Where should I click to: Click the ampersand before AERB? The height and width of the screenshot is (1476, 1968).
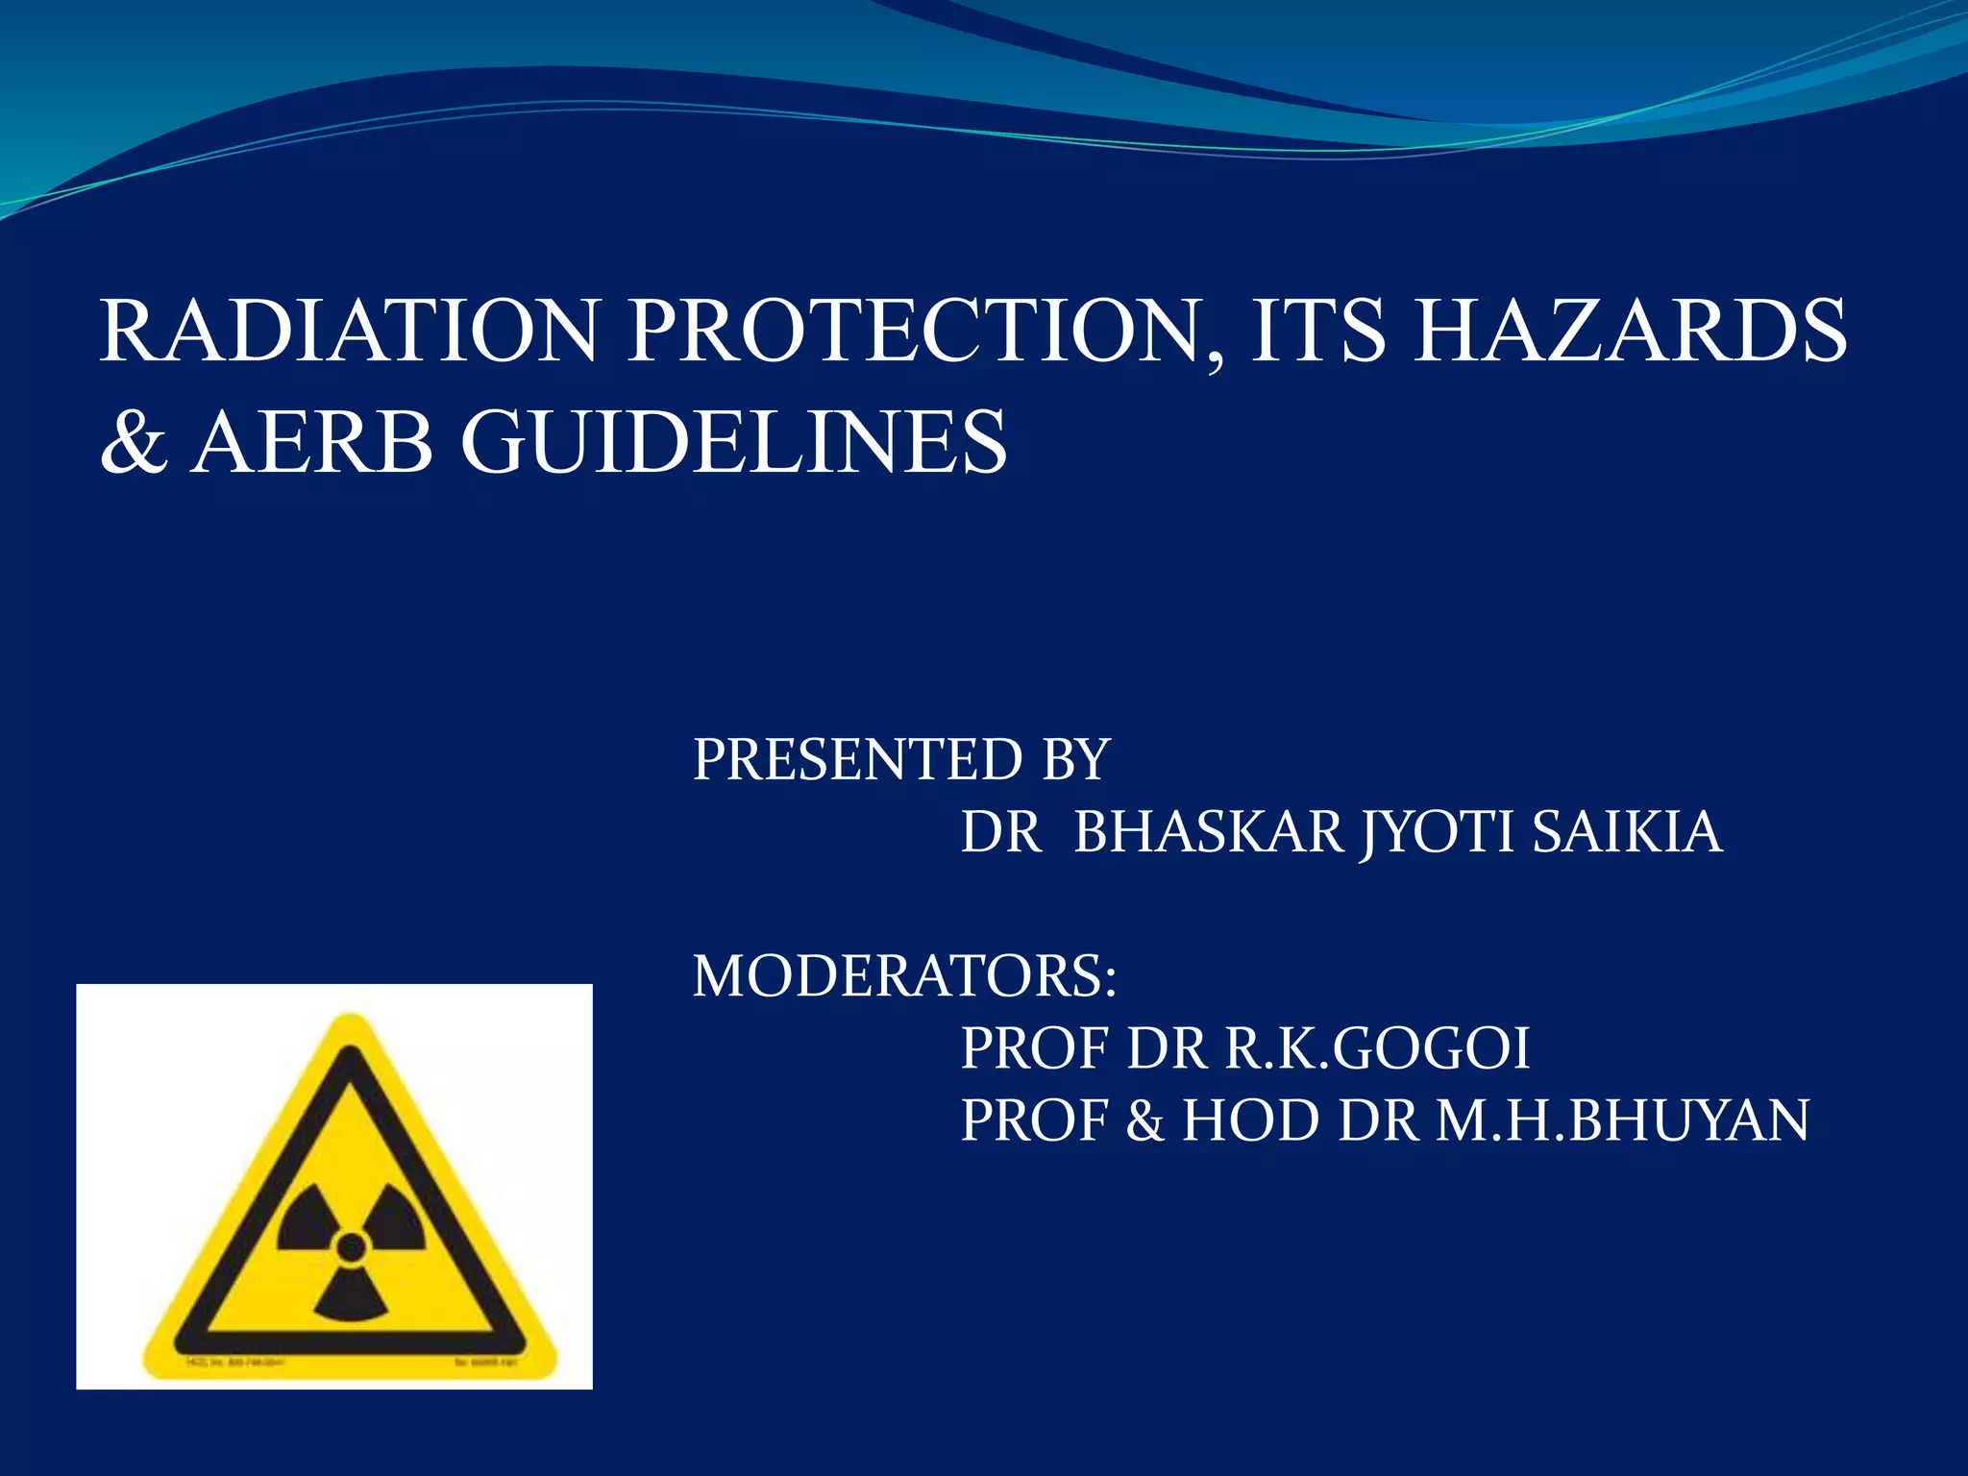tap(134, 442)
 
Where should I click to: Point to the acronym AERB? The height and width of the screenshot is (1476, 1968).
tap(312, 442)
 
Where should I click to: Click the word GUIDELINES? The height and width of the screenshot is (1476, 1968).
tap(734, 442)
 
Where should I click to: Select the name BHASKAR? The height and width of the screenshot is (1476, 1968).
tap(1208, 832)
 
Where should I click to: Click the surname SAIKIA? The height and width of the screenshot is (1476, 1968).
tap(1626, 832)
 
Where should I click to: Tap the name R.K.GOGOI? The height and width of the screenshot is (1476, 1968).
tap(1376, 1048)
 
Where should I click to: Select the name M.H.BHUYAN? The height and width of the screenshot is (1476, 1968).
tap(1623, 1120)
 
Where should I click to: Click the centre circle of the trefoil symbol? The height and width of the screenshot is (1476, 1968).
tap(352, 1247)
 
